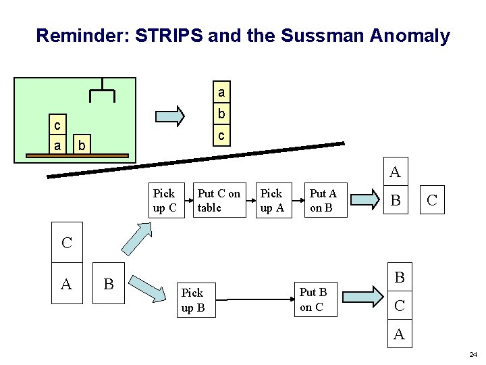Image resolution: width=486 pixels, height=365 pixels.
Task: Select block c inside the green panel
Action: (57, 126)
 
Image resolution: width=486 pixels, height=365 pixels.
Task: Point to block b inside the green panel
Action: (80, 145)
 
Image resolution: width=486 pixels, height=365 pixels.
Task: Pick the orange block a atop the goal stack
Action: (221, 91)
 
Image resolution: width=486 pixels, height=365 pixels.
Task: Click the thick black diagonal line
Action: (196, 161)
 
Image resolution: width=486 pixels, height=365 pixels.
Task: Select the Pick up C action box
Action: (164, 201)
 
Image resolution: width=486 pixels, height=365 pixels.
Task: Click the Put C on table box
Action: (219, 201)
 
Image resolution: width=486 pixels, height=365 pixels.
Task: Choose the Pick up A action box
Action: (271, 201)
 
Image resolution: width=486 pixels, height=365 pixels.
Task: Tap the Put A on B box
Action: (323, 201)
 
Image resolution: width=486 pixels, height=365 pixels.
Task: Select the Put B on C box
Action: (313, 299)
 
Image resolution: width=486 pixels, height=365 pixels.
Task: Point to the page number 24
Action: (472, 354)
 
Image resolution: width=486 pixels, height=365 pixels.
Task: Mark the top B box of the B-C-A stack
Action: (399, 277)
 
